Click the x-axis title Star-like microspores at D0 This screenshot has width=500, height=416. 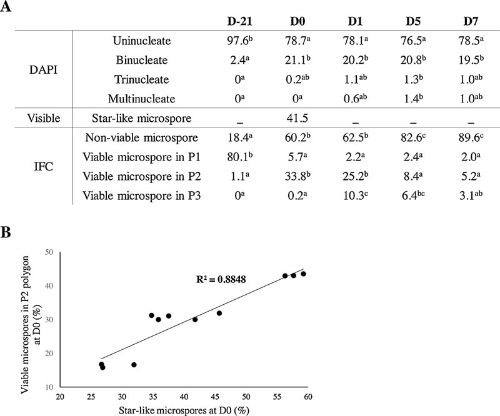pos(183,410)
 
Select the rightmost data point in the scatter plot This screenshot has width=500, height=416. pos(303,274)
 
